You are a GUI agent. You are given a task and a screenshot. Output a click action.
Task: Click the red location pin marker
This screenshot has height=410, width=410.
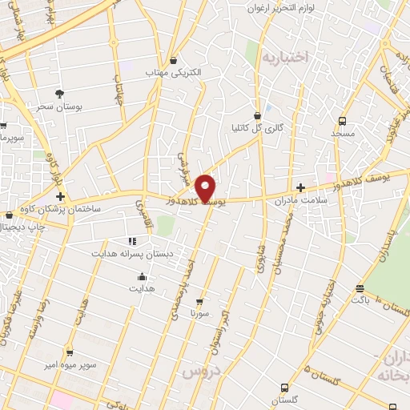(x=206, y=187)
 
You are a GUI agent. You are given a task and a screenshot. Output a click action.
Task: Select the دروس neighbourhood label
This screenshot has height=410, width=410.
(x=200, y=373)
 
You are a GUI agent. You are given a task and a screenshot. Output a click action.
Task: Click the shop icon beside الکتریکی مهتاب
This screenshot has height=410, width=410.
(x=174, y=60)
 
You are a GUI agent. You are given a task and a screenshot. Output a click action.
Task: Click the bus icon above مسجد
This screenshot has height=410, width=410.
(x=342, y=121)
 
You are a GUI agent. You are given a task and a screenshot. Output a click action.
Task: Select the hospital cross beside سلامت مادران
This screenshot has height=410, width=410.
(x=300, y=187)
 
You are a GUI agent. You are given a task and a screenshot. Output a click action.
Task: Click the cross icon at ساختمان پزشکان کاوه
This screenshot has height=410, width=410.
(x=60, y=195)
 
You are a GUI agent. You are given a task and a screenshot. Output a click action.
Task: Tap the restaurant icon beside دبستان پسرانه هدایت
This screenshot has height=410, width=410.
(x=132, y=240)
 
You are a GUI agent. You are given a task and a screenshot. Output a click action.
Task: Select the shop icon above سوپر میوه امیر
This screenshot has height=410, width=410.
(x=69, y=352)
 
